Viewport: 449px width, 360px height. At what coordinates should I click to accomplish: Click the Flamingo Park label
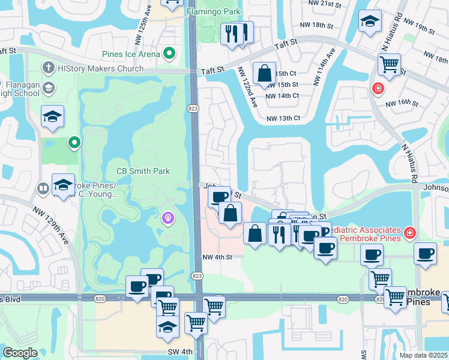[213, 11]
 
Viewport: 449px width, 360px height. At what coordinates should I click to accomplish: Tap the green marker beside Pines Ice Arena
[169, 54]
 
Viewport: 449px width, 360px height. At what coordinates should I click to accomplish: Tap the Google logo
[20, 353]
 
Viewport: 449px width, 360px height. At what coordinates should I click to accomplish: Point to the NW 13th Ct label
[282, 118]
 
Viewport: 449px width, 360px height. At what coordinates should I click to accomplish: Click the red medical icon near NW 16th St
[378, 89]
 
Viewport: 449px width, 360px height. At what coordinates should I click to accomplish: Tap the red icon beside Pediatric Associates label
[409, 232]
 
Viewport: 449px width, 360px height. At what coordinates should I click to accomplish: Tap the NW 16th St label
[402, 103]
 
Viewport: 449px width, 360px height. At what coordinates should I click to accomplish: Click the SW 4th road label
[181, 351]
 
